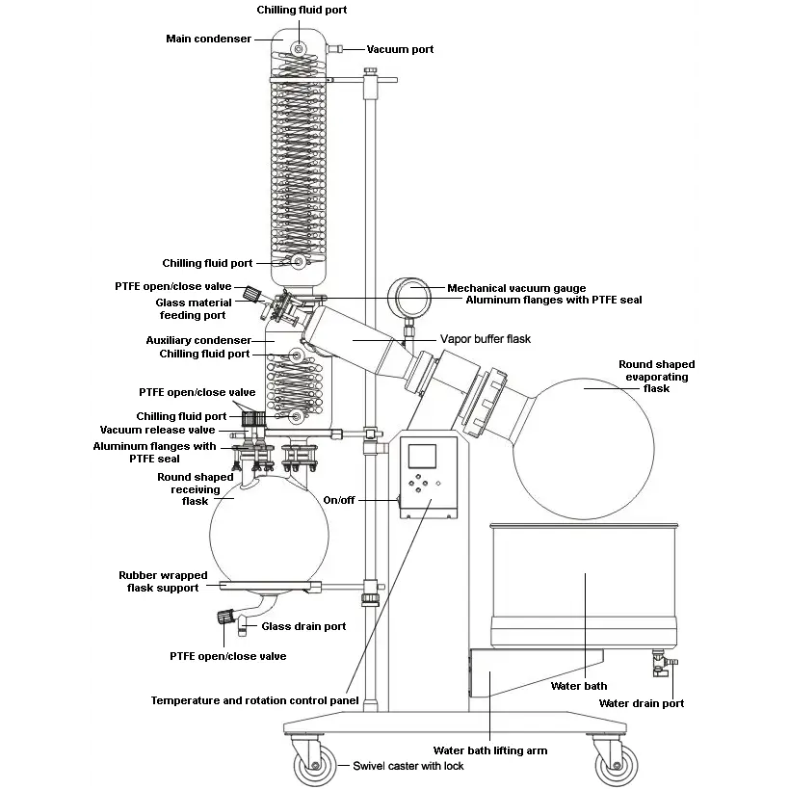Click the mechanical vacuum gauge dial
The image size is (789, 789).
(x=409, y=298)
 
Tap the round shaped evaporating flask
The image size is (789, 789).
(x=584, y=449)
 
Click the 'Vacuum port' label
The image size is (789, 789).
(x=400, y=49)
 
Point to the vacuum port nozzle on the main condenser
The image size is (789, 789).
(x=334, y=49)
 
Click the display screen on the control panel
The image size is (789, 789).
(x=422, y=457)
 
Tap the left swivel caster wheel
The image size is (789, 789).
(x=315, y=765)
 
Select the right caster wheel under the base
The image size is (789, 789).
(x=617, y=765)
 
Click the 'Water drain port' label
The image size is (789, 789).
(x=641, y=703)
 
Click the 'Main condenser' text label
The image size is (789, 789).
(x=208, y=39)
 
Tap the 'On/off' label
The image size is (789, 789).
(x=339, y=500)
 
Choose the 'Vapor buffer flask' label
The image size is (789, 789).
(x=486, y=339)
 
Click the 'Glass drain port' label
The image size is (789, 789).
(x=303, y=626)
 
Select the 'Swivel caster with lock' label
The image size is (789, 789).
(x=408, y=766)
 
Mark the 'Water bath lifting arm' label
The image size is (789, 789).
(x=490, y=750)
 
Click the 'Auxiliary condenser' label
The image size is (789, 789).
(x=198, y=341)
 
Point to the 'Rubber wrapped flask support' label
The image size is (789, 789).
(x=163, y=582)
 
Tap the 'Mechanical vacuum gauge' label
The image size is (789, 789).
(x=516, y=288)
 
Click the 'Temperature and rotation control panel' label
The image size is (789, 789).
(x=254, y=700)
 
